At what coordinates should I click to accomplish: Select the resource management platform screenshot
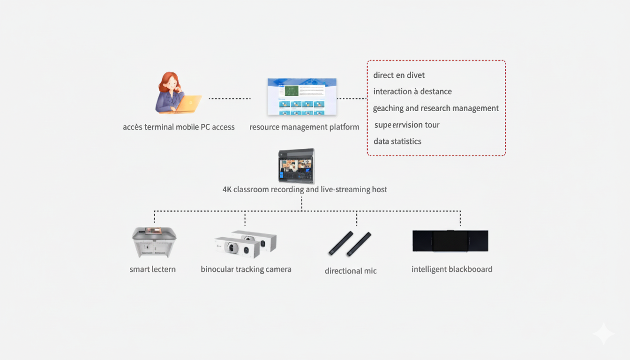click(x=302, y=97)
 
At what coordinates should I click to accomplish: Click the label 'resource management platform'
click(x=304, y=127)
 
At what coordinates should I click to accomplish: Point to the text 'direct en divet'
click(x=399, y=75)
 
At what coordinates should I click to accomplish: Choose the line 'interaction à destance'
click(x=412, y=91)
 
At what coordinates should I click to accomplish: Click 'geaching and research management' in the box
click(x=435, y=108)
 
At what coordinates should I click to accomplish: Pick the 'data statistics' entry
click(x=397, y=141)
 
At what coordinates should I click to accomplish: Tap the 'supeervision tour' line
click(x=407, y=125)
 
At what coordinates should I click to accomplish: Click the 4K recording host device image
click(x=296, y=166)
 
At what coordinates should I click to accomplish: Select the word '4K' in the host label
click(x=227, y=189)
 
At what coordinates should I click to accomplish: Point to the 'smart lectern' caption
click(x=152, y=269)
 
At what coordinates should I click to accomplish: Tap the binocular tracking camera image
click(x=246, y=244)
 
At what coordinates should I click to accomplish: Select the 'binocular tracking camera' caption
click(x=246, y=269)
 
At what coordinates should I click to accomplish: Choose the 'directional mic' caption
click(x=351, y=270)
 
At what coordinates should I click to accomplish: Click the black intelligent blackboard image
click(x=450, y=241)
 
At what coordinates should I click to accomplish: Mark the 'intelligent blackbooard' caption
click(x=452, y=269)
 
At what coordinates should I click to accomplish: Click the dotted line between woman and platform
click(x=230, y=98)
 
